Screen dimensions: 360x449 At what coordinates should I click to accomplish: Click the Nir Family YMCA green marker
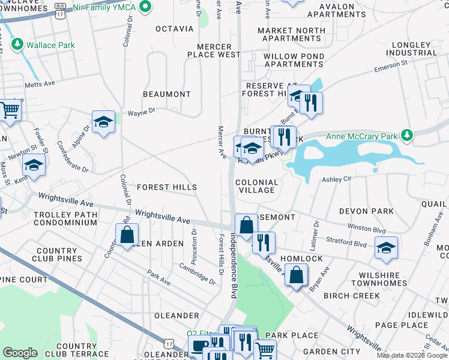coord(145,7)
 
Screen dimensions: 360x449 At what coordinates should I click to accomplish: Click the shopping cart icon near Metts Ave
coord(9,110)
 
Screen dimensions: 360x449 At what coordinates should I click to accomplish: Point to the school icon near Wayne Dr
coord(104,122)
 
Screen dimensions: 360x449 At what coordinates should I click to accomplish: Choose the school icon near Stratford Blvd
coord(386,247)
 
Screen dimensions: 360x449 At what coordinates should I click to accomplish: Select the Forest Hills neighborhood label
coord(166,188)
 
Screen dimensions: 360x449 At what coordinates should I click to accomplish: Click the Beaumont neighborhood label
coord(166,94)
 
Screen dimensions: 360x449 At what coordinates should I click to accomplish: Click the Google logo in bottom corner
coord(20,353)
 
